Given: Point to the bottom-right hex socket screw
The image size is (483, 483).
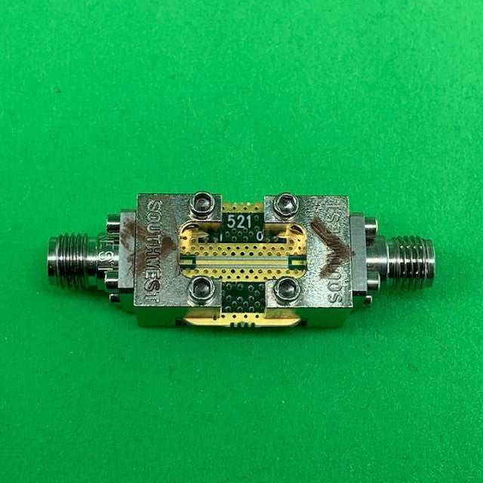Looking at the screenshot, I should click(x=286, y=288).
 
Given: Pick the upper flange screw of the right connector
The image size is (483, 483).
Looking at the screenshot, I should click(x=370, y=226).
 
